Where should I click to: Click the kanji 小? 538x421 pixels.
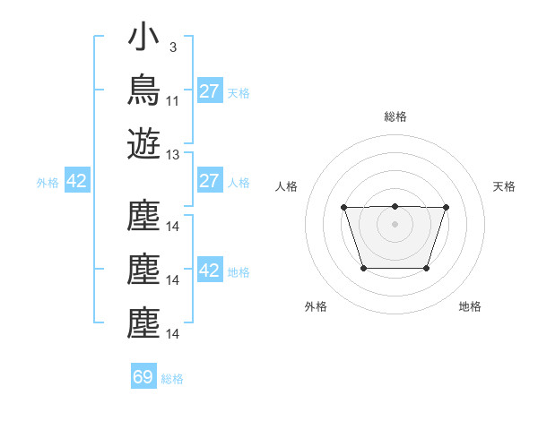pyautogui.click(x=143, y=36)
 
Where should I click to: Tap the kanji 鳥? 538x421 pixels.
pyautogui.click(x=143, y=90)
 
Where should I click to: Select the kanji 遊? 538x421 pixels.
pyautogui.click(x=143, y=143)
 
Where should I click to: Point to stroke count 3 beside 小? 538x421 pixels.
pyautogui.click(x=173, y=47)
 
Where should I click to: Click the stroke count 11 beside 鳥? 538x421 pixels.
pyautogui.click(x=172, y=101)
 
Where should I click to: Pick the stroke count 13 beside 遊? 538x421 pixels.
pyautogui.click(x=172, y=155)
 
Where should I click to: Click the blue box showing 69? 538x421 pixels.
pyautogui.click(x=143, y=375)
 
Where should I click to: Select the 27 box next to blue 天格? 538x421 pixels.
pyautogui.click(x=210, y=90)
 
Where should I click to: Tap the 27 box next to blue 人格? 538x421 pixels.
pyautogui.click(x=210, y=180)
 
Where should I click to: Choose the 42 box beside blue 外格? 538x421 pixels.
pyautogui.click(x=77, y=180)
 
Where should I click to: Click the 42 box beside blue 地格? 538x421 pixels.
pyautogui.click(x=210, y=269)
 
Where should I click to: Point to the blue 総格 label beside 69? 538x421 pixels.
pyautogui.click(x=172, y=379)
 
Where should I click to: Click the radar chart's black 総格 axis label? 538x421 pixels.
pyautogui.click(x=395, y=116)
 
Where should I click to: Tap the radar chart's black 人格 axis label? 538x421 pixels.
pyautogui.click(x=286, y=186)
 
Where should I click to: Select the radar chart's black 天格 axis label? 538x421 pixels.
pyautogui.click(x=504, y=186)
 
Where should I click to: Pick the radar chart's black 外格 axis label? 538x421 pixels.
pyautogui.click(x=316, y=306)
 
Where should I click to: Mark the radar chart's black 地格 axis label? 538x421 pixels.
pyautogui.click(x=470, y=306)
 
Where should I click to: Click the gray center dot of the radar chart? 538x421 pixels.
pyautogui.click(x=395, y=224)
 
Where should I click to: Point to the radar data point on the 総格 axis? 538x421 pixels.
pyautogui.click(x=395, y=206)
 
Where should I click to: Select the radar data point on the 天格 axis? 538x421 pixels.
pyautogui.click(x=446, y=208)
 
